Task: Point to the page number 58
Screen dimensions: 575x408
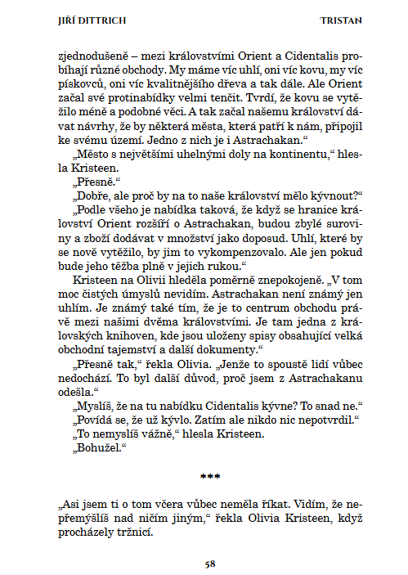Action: (x=210, y=564)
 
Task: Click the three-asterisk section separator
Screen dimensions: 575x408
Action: (x=210, y=474)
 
